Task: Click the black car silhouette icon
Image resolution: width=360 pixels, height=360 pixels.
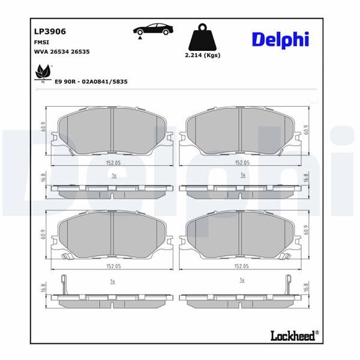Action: [152, 30]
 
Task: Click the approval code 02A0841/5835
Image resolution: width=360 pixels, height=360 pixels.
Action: [106, 81]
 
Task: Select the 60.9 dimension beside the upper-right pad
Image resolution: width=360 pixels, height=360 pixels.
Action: [306, 129]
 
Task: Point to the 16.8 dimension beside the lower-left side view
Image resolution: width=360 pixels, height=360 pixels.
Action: [43, 288]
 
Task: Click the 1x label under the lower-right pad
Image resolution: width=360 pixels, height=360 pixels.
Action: [242, 281]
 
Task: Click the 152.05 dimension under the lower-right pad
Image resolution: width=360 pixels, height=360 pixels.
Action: [242, 266]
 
